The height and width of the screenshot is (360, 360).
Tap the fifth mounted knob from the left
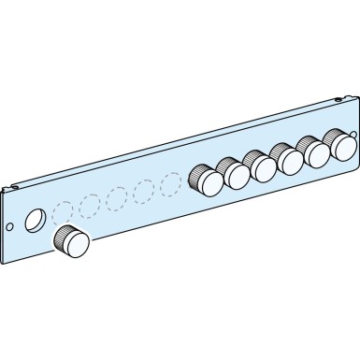(x=310, y=150)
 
